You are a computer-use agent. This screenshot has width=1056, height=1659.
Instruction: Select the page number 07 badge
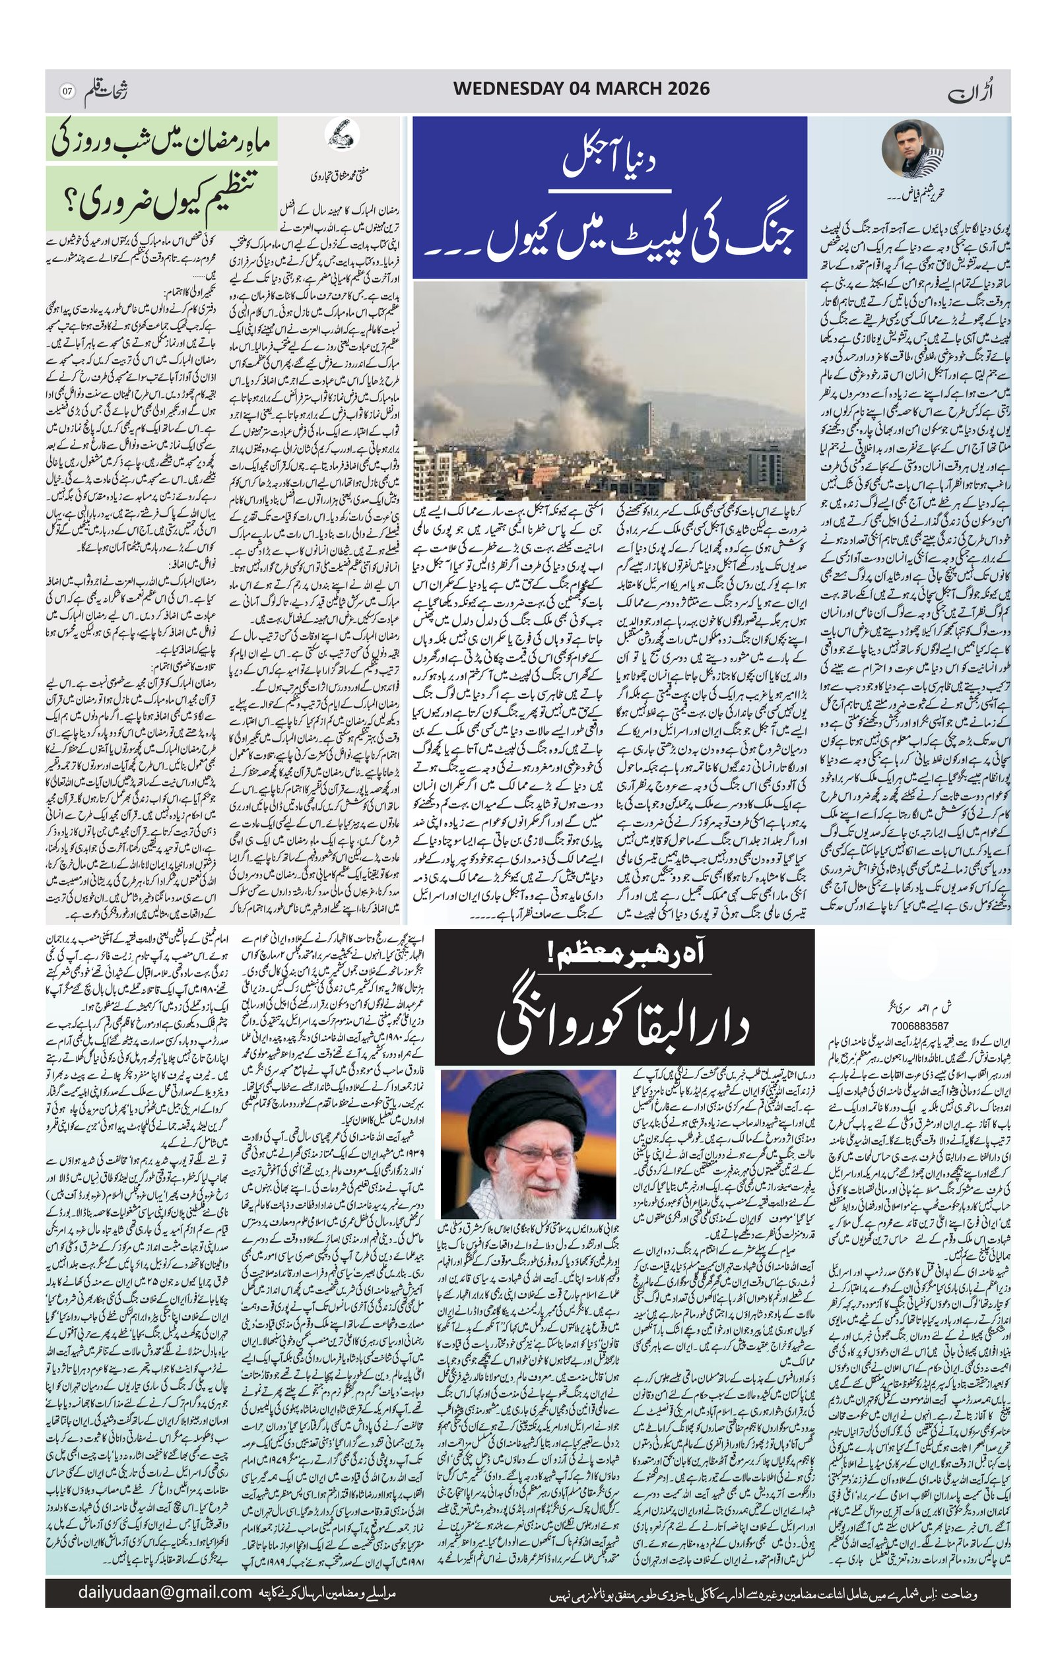[67, 90]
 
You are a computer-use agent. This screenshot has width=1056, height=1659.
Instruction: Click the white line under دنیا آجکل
[610, 189]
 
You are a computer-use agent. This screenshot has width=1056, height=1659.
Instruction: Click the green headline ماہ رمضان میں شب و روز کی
[162, 141]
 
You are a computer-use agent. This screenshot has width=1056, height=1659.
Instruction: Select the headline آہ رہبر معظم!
[624, 954]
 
